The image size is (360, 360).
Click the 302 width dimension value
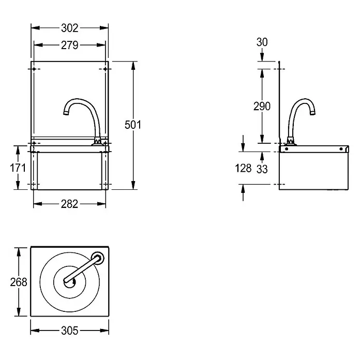(x=70, y=28)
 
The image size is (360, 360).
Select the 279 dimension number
(x=70, y=45)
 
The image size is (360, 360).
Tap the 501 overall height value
(x=133, y=125)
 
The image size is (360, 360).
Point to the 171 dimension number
(x=18, y=168)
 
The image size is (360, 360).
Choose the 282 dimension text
(x=69, y=204)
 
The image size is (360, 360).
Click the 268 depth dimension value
(x=19, y=282)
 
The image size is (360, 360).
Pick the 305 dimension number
(x=70, y=331)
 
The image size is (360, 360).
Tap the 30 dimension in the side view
(x=262, y=42)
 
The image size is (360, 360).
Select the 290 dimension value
(x=262, y=107)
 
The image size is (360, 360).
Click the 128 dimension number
(x=244, y=168)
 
